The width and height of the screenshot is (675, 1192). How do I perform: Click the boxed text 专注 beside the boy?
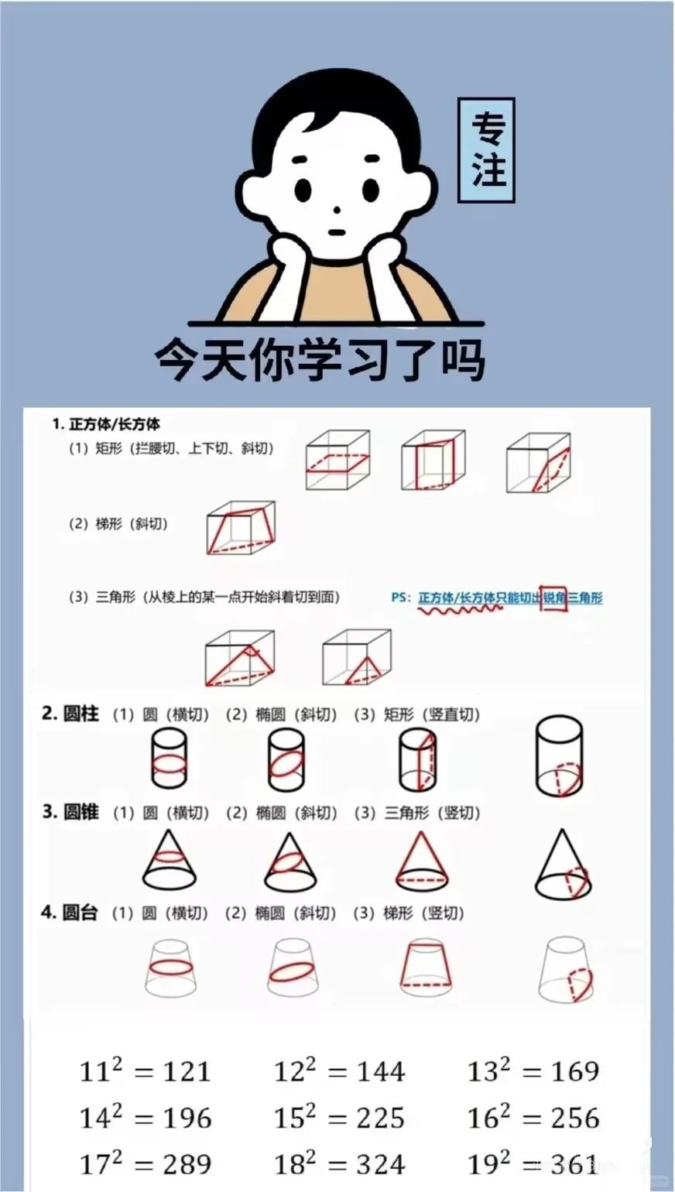[486, 150]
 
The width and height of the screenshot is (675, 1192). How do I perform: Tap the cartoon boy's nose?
[336, 210]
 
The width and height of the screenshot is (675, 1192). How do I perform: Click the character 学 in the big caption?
[320, 360]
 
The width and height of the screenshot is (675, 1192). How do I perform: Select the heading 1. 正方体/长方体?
[106, 424]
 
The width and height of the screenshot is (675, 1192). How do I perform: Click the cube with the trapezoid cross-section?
[241, 529]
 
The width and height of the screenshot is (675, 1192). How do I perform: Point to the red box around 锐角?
[553, 597]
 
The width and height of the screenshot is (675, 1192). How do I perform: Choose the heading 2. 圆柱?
[70, 714]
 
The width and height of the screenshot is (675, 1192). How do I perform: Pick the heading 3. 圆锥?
[70, 812]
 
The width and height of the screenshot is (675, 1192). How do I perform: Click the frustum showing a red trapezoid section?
[426, 967]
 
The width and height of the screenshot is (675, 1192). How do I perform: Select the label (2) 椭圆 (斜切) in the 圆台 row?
[280, 913]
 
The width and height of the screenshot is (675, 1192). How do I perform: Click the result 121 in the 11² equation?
[187, 1071]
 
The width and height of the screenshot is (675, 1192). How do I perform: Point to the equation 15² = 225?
[339, 1118]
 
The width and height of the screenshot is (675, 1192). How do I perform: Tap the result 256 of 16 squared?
[574, 1118]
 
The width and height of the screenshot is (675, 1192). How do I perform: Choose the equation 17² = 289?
[146, 1164]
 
